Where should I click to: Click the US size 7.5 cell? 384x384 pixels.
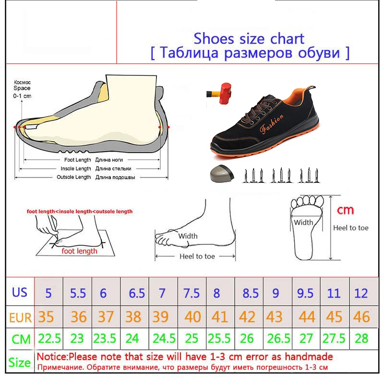click(x=192, y=293)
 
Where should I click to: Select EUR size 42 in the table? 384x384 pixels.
click(x=247, y=317)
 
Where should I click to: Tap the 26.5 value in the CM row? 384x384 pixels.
click(x=278, y=338)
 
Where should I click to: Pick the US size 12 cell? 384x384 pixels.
click(x=361, y=293)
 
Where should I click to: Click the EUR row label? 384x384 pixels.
click(x=20, y=318)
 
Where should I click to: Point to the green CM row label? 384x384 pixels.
click(x=21, y=339)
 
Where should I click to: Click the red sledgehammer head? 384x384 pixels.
click(x=226, y=93)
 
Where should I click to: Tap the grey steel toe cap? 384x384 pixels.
click(x=222, y=173)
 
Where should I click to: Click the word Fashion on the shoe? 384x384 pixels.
click(x=271, y=124)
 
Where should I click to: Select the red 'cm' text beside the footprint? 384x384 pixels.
click(x=345, y=210)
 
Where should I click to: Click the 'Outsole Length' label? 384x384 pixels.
click(x=74, y=177)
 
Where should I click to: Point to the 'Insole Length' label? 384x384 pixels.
click(x=76, y=168)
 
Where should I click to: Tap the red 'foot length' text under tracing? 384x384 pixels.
click(x=79, y=251)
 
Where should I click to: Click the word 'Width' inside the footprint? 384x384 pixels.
click(x=303, y=222)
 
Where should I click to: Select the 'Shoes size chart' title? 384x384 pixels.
click(x=249, y=39)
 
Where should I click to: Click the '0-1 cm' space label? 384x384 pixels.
click(x=22, y=96)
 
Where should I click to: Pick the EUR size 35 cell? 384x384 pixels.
click(x=46, y=317)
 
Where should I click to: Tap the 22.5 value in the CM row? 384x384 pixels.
click(x=49, y=338)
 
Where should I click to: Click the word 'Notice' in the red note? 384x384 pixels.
click(x=51, y=357)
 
